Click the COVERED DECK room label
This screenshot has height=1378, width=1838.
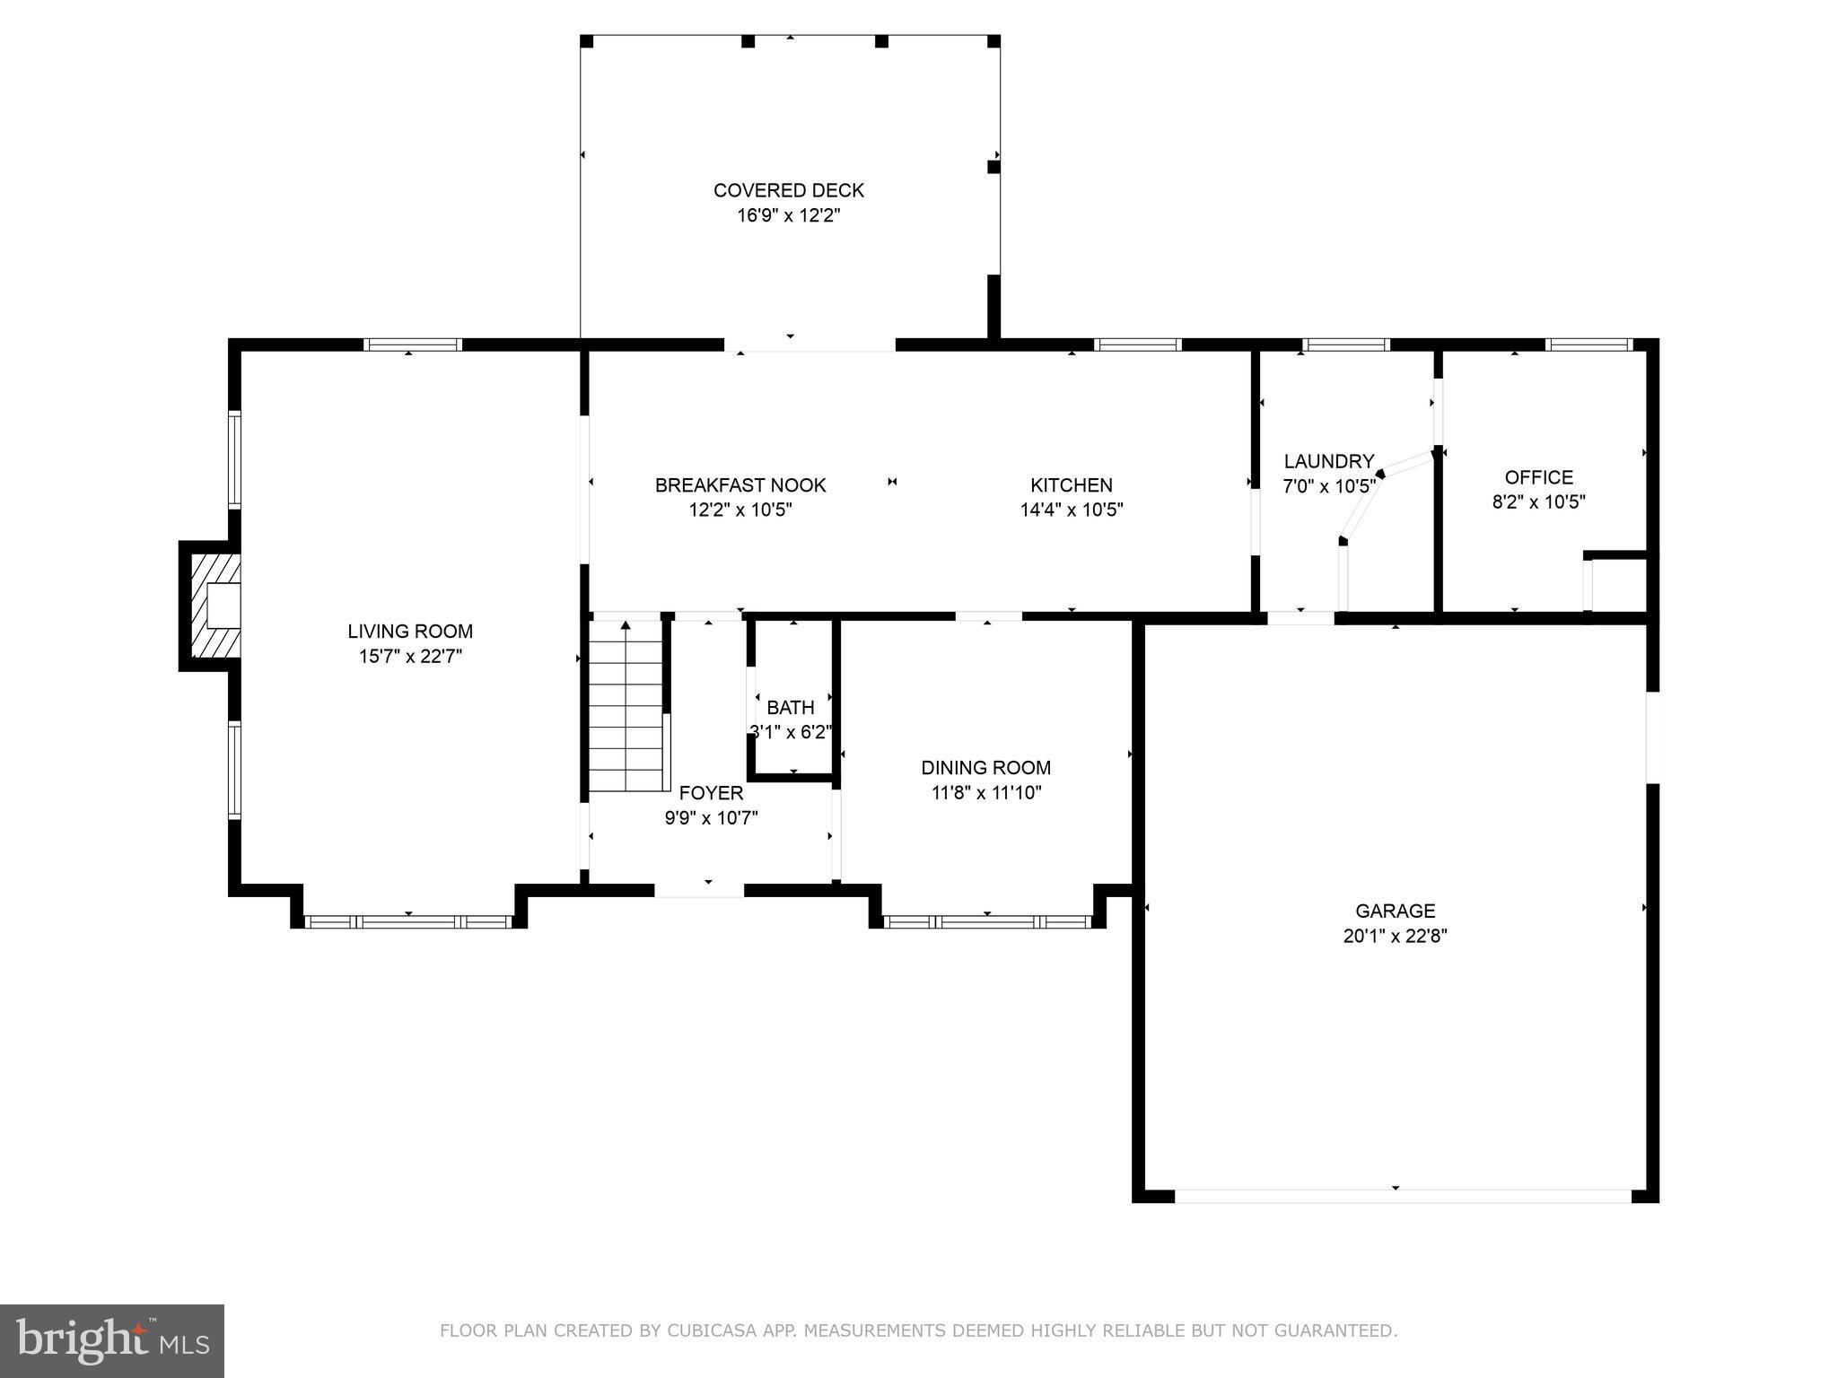pyautogui.click(x=788, y=190)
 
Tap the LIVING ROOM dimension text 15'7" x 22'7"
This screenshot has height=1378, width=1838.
pyautogui.click(x=410, y=657)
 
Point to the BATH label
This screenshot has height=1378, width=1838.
pyautogui.click(x=790, y=708)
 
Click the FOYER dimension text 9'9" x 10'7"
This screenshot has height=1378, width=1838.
pyautogui.click(x=711, y=818)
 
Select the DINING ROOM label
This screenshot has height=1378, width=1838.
pyautogui.click(x=985, y=768)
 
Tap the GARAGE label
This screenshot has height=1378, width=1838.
pyautogui.click(x=1395, y=911)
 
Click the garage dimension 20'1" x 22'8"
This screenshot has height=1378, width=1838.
pyautogui.click(x=1395, y=937)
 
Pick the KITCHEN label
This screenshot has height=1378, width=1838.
pyautogui.click(x=1071, y=485)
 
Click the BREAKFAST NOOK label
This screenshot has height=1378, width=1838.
pyautogui.click(x=740, y=485)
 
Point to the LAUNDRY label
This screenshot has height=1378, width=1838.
pyautogui.click(x=1328, y=462)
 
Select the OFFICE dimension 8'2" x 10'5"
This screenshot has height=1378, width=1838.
pyautogui.click(x=1538, y=502)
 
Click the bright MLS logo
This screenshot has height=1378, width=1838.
pyautogui.click(x=111, y=1340)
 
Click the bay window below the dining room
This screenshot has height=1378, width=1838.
pyautogui.click(x=987, y=921)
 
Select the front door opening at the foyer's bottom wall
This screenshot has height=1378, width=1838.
pyautogui.click(x=699, y=890)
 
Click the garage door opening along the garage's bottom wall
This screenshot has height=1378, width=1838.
pyautogui.click(x=1402, y=1196)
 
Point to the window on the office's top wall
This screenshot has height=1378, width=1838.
pyautogui.click(x=1589, y=344)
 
